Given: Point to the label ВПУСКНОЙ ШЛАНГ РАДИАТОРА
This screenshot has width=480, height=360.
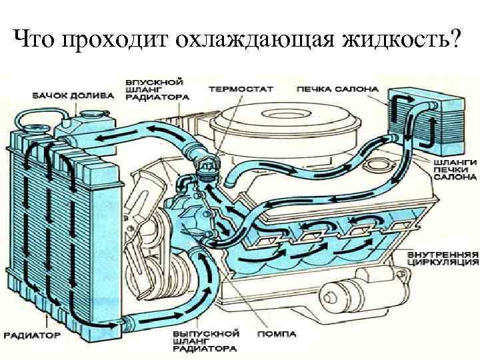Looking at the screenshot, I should [157, 89].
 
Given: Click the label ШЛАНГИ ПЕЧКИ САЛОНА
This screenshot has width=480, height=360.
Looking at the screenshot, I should [455, 169].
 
